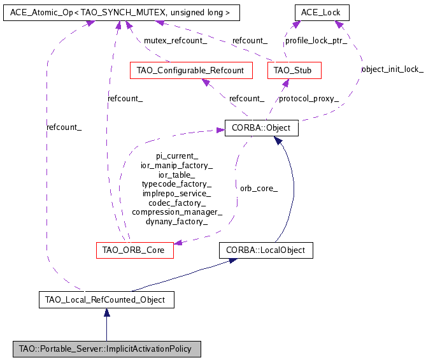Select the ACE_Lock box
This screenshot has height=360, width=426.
pos(321,12)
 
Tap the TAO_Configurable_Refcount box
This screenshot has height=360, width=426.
pos(190,70)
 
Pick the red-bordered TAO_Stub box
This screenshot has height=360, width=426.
pos(294,70)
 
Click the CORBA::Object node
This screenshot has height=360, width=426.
pos(261,128)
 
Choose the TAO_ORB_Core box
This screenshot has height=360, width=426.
pos(134,250)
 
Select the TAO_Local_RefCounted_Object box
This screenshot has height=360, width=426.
pos(106,299)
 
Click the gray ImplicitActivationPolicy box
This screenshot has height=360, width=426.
pos(106,349)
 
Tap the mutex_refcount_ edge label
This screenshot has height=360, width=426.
pos(175,41)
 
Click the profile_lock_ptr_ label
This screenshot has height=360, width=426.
pos(316,41)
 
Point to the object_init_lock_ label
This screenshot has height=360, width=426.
pos(392,69)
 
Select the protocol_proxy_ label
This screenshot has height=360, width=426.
pos(309,99)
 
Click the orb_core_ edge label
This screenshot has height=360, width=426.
pos(259,189)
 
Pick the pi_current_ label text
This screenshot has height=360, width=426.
pos(177,155)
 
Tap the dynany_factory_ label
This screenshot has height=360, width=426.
pos(177,222)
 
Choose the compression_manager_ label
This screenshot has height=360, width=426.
pos(177,212)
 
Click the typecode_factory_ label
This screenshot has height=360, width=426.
pos(177,184)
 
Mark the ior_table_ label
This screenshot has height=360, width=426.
pos(177,174)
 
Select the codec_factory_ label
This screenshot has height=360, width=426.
pos(177,203)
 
